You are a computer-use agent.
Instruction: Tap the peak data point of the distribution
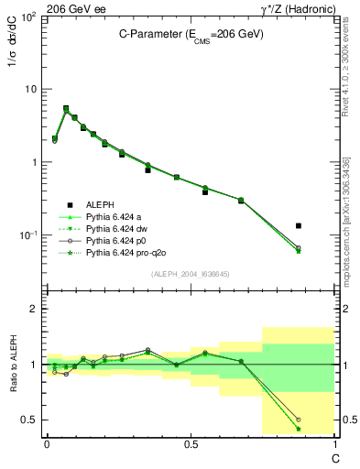click(66, 108)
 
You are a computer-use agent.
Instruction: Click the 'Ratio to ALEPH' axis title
click(15, 365)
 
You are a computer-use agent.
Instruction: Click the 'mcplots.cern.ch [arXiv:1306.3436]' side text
click(353, 192)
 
